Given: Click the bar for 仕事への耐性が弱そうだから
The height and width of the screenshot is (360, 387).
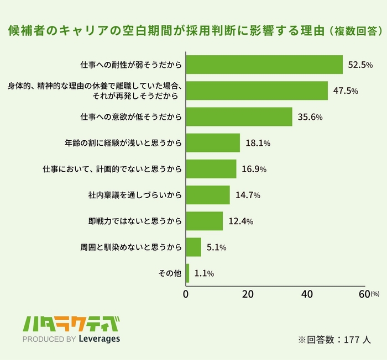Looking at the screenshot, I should (x=264, y=65).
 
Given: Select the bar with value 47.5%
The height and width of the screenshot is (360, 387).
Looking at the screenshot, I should (x=257, y=91).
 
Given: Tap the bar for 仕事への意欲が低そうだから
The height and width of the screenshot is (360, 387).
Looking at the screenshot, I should (x=239, y=117).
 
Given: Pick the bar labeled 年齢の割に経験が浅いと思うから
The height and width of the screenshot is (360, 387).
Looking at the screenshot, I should (x=213, y=142).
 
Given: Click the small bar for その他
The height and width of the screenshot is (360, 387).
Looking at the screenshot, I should (x=188, y=273).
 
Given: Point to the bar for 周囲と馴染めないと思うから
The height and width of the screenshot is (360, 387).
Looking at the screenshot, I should (x=193, y=247).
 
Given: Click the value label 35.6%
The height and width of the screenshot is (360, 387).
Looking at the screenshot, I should (x=310, y=117).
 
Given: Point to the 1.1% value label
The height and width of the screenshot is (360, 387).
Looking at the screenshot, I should (x=204, y=273).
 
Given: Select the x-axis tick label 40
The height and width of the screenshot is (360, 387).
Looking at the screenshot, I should (x=306, y=294).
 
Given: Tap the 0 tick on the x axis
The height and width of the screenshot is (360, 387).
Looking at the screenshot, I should (x=186, y=294).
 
